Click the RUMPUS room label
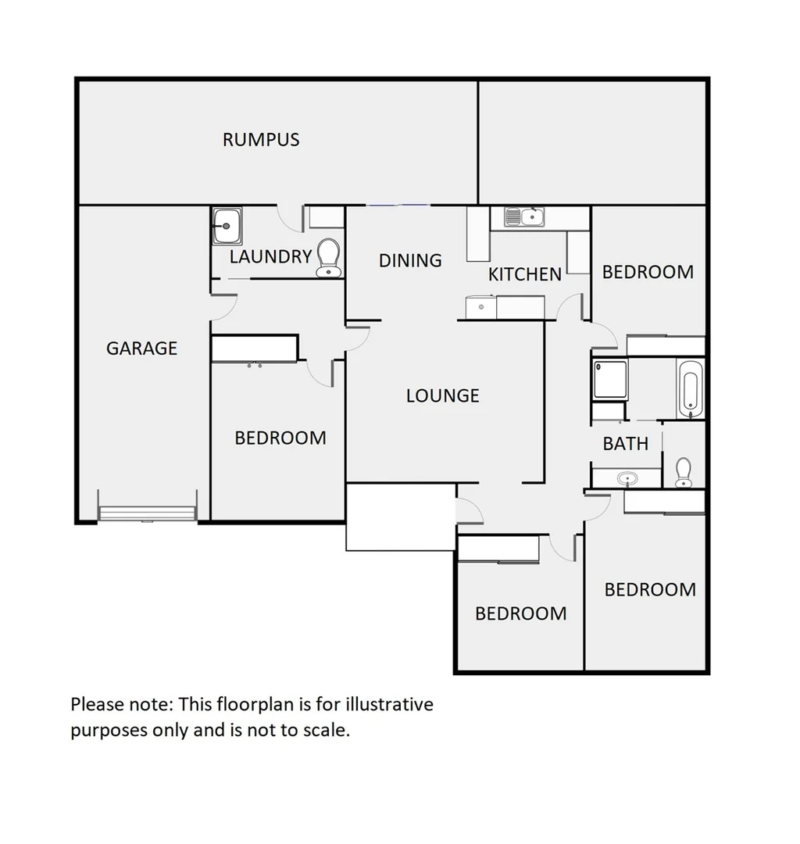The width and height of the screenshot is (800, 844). pos(261,140)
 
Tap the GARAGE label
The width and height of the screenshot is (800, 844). pos(142,349)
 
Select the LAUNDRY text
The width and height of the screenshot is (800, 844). pos(270,256)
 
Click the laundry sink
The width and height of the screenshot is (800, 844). pos(227,226)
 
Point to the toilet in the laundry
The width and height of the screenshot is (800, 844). pos(328,258)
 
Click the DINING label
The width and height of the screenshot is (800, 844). pos(410,260)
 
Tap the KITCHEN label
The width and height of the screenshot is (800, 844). pos(524,274)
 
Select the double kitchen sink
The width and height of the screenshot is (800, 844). pos(523,216)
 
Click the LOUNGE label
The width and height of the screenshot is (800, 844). pos(442,395)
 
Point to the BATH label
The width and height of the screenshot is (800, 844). pos(625,444)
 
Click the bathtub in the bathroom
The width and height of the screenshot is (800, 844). pos(690,388)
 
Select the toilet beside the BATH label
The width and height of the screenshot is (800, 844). pos(684,472)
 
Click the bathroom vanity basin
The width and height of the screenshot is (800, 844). pos(626,477)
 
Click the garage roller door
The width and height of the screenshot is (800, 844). pos(147,513)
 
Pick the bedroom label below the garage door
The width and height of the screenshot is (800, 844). pos(280,438)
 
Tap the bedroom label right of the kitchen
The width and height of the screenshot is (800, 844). pos(648,272)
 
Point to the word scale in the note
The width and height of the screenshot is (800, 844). pos(326,731)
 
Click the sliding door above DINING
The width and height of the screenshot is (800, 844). pos(398,206)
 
